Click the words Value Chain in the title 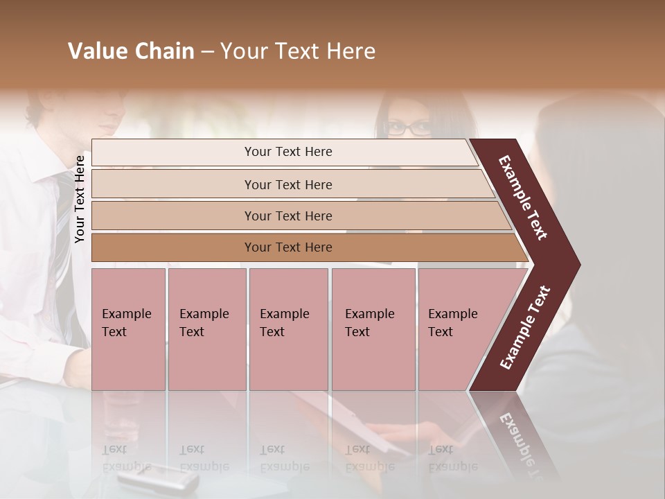[x=131, y=51]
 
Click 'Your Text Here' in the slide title [x=298, y=51]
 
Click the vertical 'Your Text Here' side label [x=80, y=199]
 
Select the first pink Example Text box [x=128, y=329]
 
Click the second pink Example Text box [x=206, y=329]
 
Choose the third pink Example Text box [x=288, y=329]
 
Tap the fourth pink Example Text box [x=373, y=329]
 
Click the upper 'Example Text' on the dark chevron [x=523, y=198]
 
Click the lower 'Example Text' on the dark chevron [x=525, y=328]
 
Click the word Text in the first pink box [x=114, y=332]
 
